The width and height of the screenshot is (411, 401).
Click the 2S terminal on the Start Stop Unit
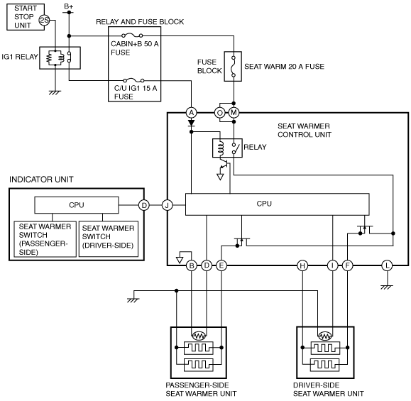point(44,20)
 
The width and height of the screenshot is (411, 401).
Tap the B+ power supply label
point(69,6)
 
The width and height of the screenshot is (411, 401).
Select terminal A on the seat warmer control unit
point(192,113)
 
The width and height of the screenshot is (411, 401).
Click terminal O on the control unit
point(219,113)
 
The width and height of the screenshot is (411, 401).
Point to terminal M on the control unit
point(234,113)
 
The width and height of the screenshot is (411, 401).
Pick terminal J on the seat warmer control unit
point(167,205)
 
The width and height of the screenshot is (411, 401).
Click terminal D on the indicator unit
point(144,205)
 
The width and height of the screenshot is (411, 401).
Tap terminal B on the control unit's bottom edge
point(192,265)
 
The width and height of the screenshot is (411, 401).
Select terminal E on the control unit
point(221,265)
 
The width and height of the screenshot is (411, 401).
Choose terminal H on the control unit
point(302,265)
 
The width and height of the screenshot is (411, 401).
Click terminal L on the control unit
point(387,265)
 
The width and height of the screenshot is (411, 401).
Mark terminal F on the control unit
point(348,265)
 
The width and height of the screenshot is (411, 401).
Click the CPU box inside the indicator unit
point(77,205)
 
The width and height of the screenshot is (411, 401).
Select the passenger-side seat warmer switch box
point(45,239)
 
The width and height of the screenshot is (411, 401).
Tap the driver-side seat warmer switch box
point(109,239)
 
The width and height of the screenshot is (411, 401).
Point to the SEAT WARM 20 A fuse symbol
point(233,67)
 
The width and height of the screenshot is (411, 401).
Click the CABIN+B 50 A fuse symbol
point(132,35)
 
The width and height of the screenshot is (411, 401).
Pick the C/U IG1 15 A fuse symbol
point(133,80)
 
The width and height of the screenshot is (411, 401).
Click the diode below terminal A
point(192,123)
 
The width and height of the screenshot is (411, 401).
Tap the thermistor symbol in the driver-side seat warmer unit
point(325,336)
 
